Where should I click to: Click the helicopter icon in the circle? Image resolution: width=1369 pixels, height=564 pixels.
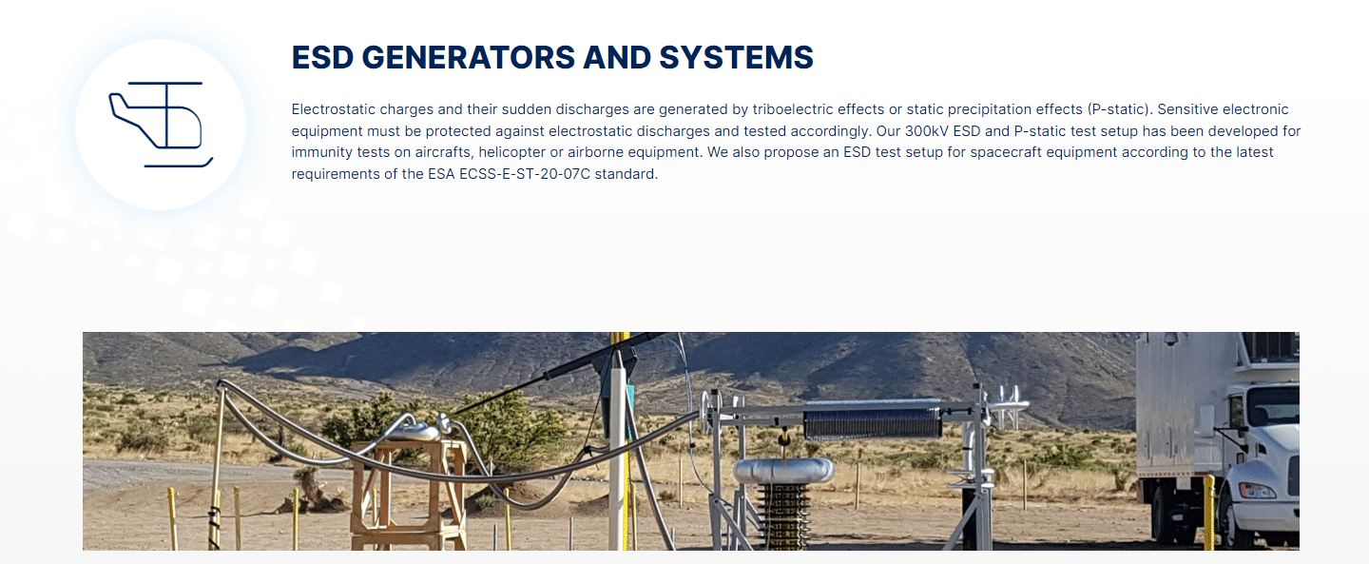(160, 125)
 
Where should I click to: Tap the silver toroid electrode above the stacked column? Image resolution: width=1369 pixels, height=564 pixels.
(783, 470)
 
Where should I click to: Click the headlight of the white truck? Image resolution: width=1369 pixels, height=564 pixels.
(1256, 491)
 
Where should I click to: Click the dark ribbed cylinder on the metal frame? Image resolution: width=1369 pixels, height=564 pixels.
(872, 421)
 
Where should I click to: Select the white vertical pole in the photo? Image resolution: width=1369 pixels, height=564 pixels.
(617, 457)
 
